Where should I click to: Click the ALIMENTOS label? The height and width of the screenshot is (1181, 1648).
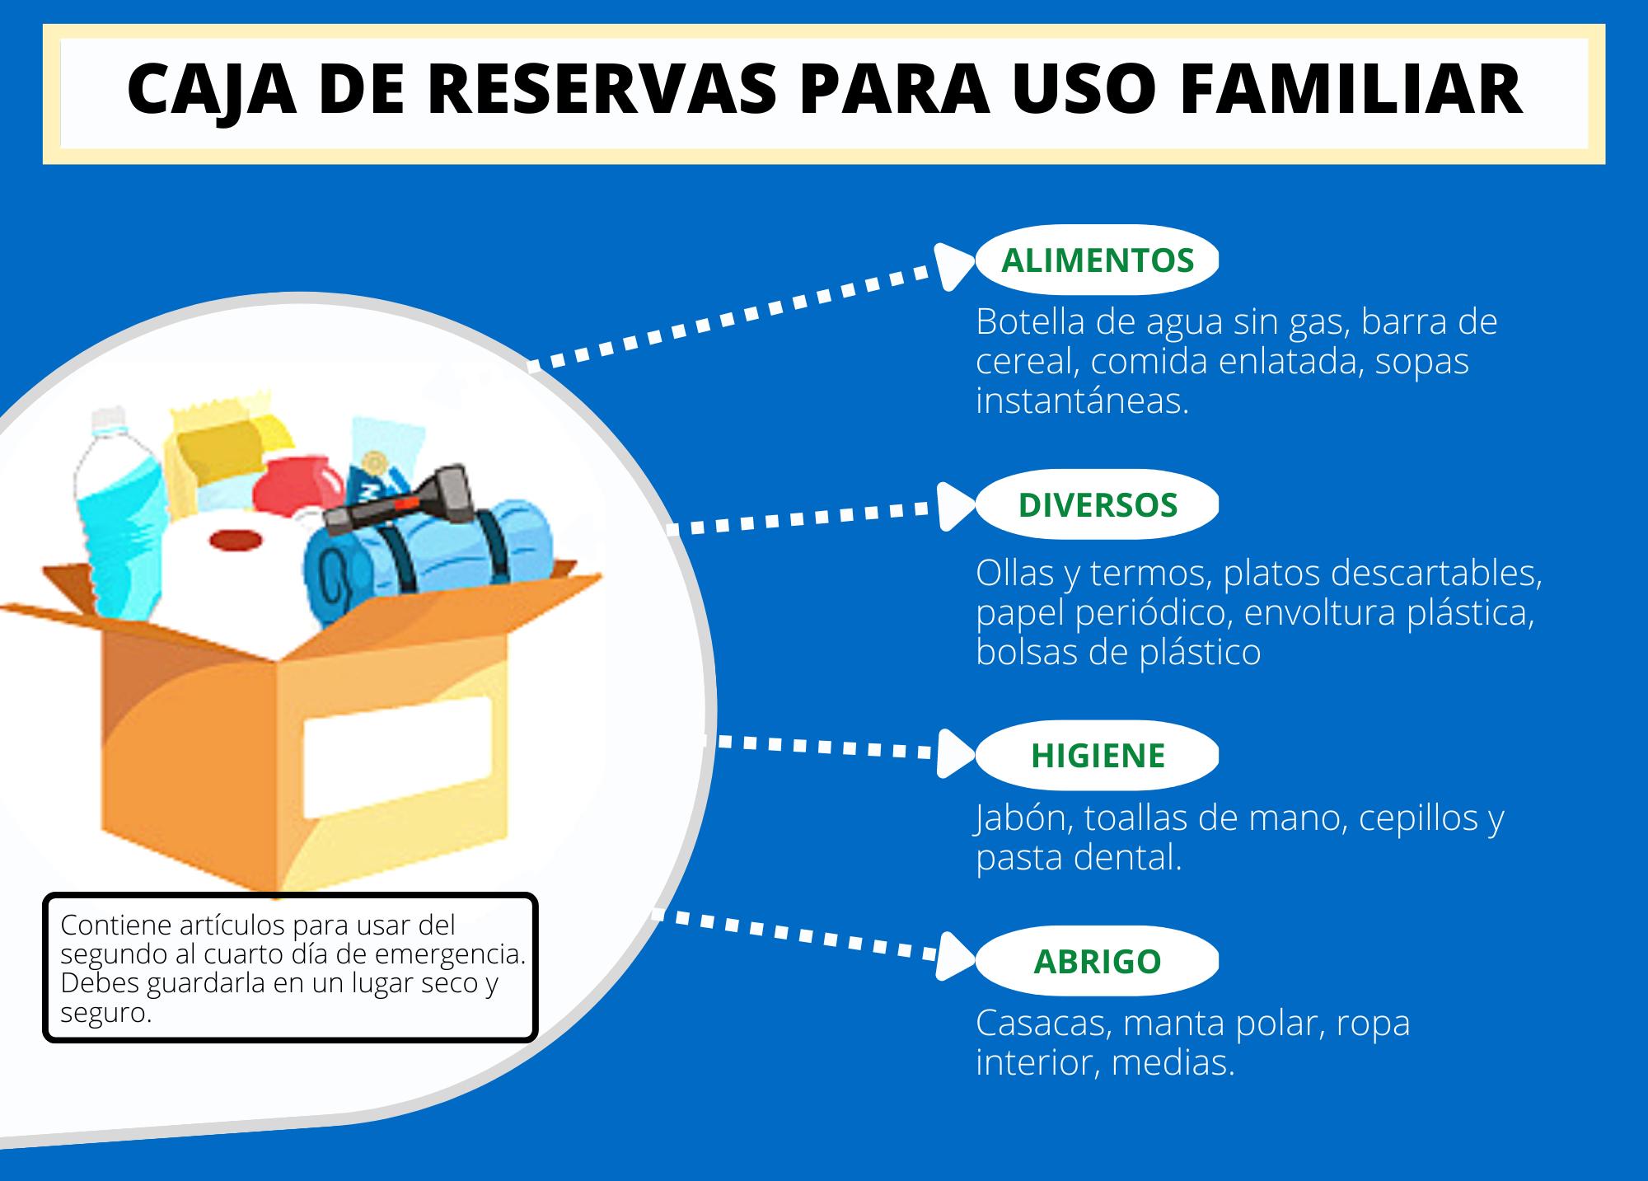click(x=1097, y=260)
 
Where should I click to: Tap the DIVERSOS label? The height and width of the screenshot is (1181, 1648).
click(x=1097, y=505)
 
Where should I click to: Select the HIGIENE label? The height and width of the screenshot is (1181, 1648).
click(x=1097, y=756)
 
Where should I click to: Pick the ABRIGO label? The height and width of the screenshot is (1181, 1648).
click(x=1097, y=962)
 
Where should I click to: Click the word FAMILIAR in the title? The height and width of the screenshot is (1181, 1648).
click(x=1351, y=90)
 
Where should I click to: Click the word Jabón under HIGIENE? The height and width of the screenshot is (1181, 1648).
click(x=1023, y=818)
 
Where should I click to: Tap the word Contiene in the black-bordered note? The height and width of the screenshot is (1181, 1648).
click(x=116, y=925)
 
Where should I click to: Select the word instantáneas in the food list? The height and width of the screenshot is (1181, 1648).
click(x=1082, y=401)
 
